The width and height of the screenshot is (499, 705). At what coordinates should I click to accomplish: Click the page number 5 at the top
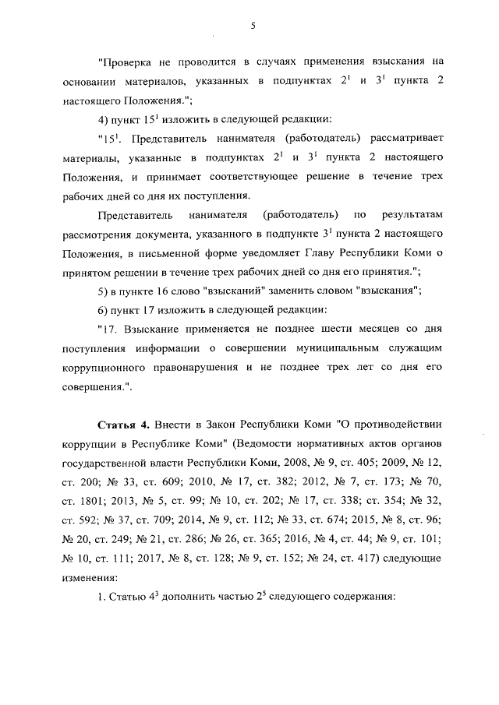click(x=253, y=25)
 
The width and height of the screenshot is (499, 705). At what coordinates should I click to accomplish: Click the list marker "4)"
click(x=104, y=119)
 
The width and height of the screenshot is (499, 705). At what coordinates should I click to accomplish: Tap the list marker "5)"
click(x=104, y=291)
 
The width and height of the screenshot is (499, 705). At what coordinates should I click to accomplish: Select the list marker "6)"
click(x=104, y=310)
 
